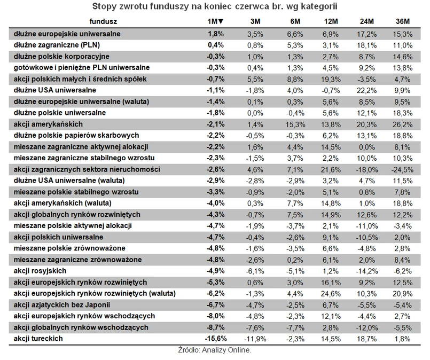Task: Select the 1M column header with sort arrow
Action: tap(215, 21)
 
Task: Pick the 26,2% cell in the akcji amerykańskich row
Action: tap(403, 124)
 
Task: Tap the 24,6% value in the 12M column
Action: tap(331, 293)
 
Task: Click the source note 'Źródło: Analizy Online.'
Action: tap(214, 351)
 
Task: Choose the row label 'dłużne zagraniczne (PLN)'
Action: tap(58, 45)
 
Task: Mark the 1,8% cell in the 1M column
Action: tap(215, 33)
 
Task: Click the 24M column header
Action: tap(367, 21)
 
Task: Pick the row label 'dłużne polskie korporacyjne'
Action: tap(62, 56)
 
